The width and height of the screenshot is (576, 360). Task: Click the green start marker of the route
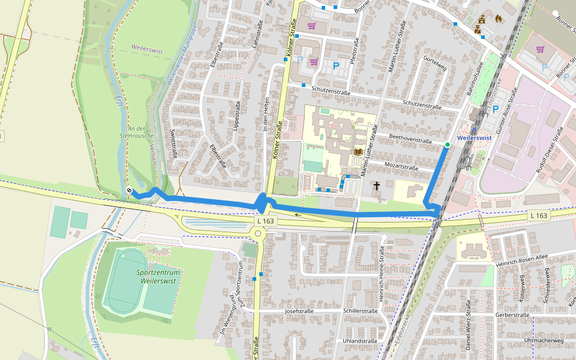point(448,145)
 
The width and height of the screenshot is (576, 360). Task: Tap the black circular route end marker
point(129,190)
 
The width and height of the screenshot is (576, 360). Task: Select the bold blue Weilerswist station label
point(474,137)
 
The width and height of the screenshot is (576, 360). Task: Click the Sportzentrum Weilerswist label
point(160,277)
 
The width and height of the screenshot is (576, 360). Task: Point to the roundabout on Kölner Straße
point(259,233)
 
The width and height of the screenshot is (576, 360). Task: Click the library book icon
point(358,152)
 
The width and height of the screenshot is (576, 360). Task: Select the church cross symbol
point(377,187)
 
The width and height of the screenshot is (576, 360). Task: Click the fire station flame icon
point(497,19)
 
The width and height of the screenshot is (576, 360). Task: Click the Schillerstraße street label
point(360,311)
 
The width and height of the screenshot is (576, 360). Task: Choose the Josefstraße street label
point(300,311)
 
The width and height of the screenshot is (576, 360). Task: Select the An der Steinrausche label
point(140,131)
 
